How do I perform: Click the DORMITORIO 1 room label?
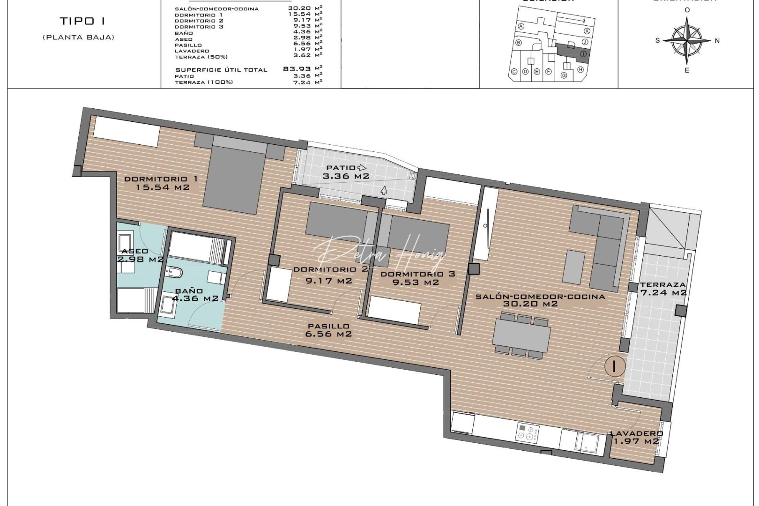[x=161, y=179]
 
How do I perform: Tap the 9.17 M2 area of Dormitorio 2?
[x=328, y=281]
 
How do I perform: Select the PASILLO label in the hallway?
[x=328, y=326]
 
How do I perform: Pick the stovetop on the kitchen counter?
[x=527, y=433]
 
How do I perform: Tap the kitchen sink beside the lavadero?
[x=586, y=442]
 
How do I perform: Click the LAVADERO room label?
[x=636, y=433]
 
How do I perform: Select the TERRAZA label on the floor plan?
[x=662, y=285]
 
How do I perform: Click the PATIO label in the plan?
[x=341, y=168]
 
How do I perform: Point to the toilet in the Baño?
[x=174, y=272]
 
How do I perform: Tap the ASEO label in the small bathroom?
[x=134, y=251]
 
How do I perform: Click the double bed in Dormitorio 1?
[x=234, y=176]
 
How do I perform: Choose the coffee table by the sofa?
[x=574, y=267]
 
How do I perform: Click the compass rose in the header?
[x=687, y=41]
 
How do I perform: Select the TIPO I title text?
[x=82, y=21]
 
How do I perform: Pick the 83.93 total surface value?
[x=297, y=69]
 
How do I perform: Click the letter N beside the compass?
[x=717, y=41]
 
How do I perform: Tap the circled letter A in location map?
[x=521, y=27]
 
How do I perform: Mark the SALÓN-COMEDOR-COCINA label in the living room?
[x=540, y=297]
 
